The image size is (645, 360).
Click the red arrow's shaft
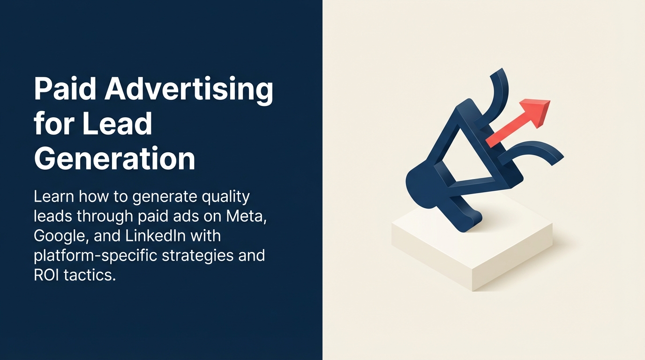coord(506,133)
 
